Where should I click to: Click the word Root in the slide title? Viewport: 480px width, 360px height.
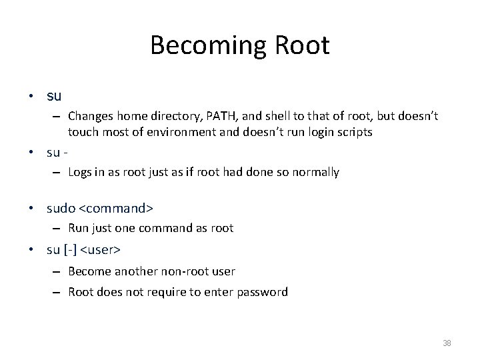pyautogui.click(x=298, y=45)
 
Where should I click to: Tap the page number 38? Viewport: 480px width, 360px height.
pyautogui.click(x=446, y=343)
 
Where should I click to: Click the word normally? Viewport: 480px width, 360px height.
pyautogui.click(x=315, y=172)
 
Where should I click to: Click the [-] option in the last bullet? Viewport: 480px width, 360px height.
pyautogui.click(x=70, y=251)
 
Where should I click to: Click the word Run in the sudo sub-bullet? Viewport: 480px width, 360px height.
pyautogui.click(x=77, y=228)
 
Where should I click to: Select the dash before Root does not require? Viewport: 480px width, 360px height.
pyautogui.click(x=58, y=292)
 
